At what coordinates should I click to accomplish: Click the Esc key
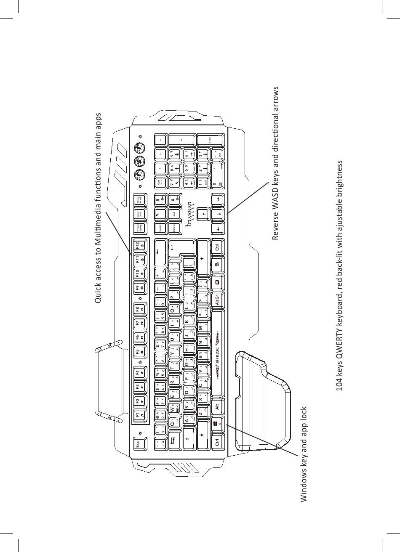click(139, 443)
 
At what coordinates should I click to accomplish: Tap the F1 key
click(139, 413)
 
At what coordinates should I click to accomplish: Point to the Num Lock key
click(160, 182)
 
